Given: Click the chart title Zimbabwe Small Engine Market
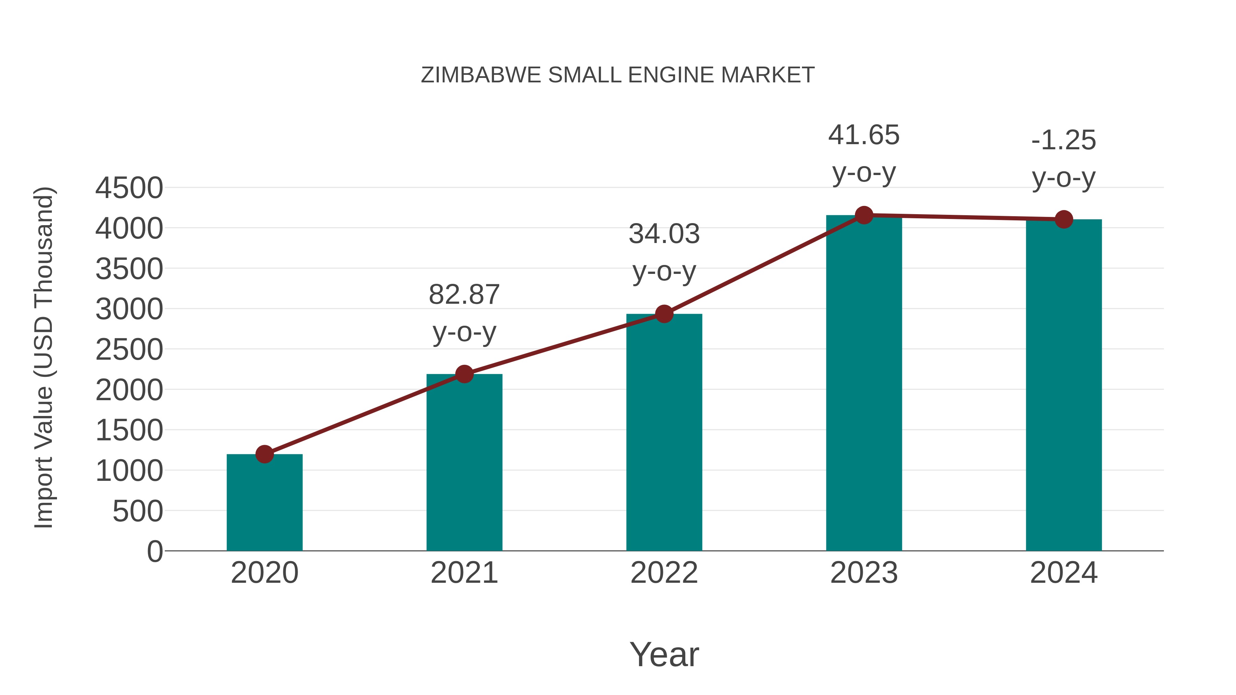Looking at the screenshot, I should tap(618, 75).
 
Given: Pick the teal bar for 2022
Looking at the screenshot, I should tap(664, 432).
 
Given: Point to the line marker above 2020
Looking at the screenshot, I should tap(264, 454).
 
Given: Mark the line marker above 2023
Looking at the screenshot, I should tap(864, 215).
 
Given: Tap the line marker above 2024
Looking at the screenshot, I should tap(1064, 219).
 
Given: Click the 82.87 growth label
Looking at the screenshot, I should tap(464, 295).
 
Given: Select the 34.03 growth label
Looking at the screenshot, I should tap(664, 234).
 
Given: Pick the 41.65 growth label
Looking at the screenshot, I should tap(864, 135).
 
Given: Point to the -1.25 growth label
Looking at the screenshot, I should tap(1064, 140).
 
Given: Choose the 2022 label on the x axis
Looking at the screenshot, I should tap(664, 573).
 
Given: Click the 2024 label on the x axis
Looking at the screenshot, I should tap(1064, 573).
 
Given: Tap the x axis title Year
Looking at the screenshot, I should tap(664, 654).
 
